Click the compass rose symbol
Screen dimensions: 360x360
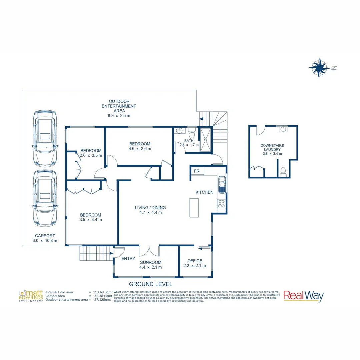point(319,68)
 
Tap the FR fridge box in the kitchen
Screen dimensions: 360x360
point(197,171)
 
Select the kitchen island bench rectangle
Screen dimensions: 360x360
point(194,208)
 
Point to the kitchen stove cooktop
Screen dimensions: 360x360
point(221,204)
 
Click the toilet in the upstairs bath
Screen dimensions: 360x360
point(192,134)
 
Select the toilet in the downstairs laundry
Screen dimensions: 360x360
point(284,171)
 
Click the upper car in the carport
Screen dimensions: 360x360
point(45,138)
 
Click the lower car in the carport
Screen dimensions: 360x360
point(45,198)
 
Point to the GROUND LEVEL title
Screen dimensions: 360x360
point(151,284)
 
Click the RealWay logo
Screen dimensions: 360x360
point(303,296)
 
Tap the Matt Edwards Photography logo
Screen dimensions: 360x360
point(31,296)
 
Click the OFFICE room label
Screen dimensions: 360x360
point(195,261)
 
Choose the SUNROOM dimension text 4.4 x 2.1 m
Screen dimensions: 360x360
point(151,267)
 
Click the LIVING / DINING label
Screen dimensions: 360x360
point(150,207)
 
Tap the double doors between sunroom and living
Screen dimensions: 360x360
point(149,251)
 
